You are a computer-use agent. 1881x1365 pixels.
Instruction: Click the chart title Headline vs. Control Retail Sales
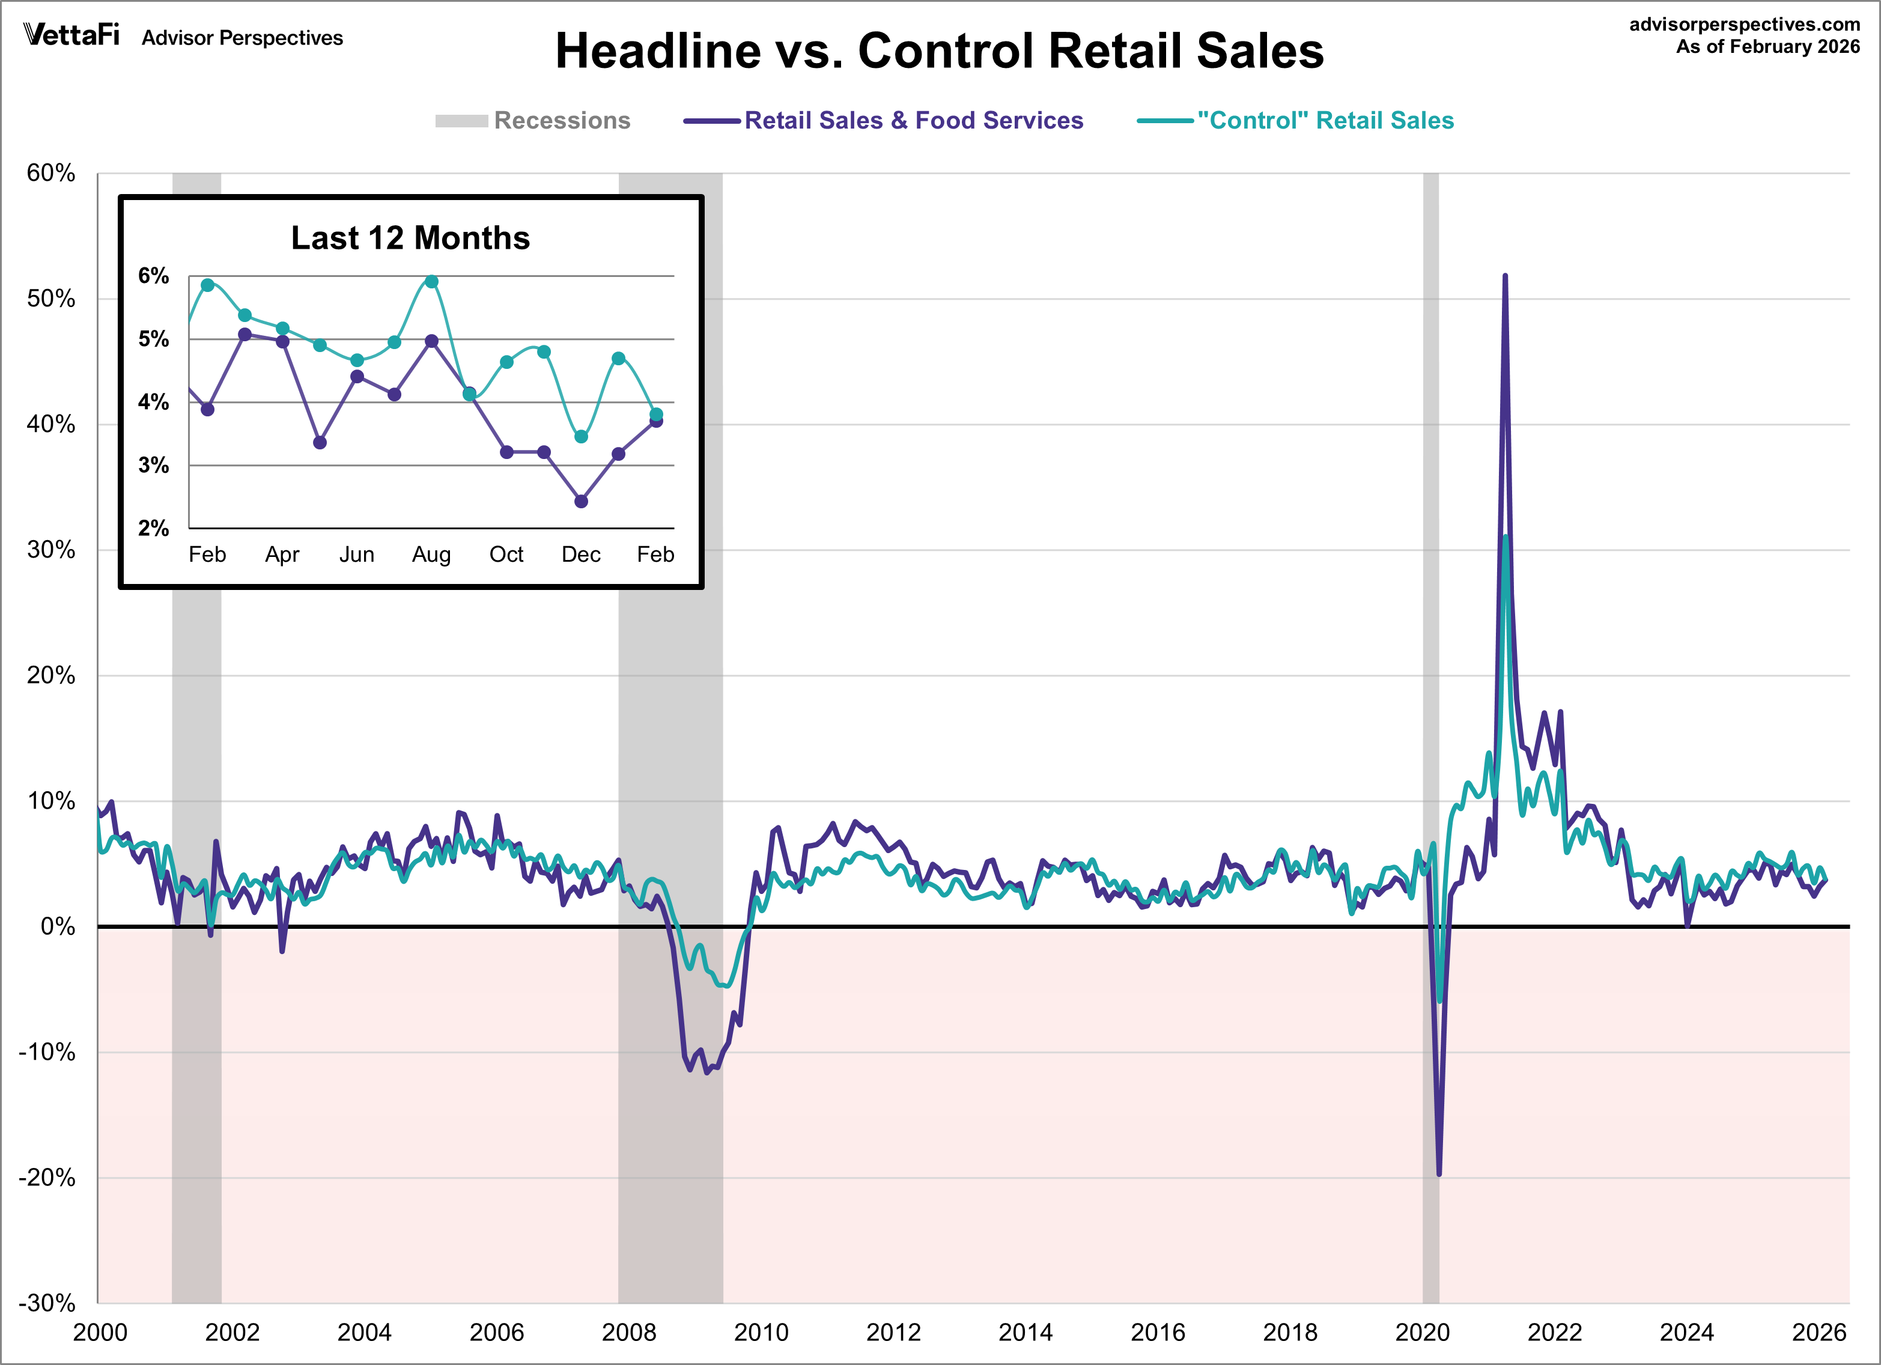click(939, 52)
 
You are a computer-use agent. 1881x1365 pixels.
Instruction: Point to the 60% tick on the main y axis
click(52, 173)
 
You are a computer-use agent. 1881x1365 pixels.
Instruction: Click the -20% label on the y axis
click(47, 1178)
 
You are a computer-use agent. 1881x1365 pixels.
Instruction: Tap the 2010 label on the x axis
click(761, 1333)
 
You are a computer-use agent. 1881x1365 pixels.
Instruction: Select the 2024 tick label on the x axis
click(1686, 1333)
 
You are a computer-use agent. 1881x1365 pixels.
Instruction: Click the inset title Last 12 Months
click(410, 238)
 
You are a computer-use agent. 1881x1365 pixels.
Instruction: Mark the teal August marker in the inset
click(431, 282)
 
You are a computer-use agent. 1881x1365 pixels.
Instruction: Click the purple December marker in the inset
click(582, 502)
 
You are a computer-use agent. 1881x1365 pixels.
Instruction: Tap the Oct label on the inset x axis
click(506, 554)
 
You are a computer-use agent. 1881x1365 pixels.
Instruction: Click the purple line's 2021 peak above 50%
click(1506, 276)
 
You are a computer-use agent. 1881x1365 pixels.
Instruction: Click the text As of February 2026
click(1767, 46)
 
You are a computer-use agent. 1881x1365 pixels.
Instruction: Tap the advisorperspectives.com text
click(1745, 24)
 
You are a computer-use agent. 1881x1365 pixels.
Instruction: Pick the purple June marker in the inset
click(357, 377)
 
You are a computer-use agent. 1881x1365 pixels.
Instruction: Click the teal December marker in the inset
click(582, 437)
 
